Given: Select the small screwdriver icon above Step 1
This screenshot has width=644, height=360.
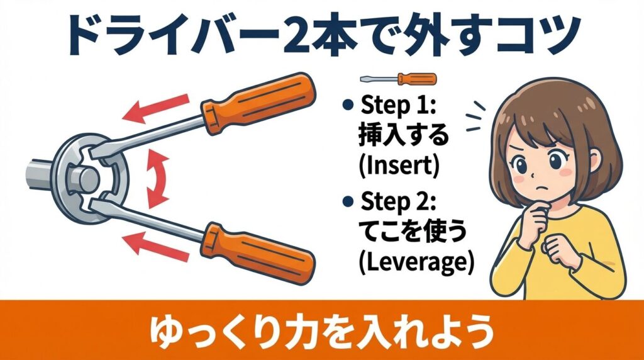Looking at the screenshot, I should coord(397,79).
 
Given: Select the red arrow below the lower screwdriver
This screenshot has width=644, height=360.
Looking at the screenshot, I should coord(157,246).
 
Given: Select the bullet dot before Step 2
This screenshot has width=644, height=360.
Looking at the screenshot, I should coord(347,204).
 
